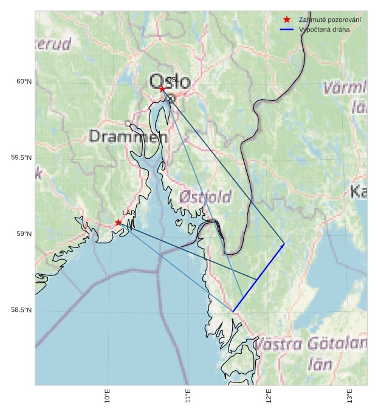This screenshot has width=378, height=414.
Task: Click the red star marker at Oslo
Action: click(162, 89)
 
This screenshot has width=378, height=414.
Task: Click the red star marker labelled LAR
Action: click(118, 223)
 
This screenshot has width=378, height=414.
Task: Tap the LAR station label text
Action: click(129, 213)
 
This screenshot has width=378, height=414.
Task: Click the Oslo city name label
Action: click(170, 81)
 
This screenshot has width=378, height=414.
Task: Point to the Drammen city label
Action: click(128, 137)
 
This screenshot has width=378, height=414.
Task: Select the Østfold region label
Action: click(205, 196)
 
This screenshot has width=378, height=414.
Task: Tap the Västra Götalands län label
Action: click(310, 354)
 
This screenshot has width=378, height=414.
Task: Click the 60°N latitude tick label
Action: click(23, 81)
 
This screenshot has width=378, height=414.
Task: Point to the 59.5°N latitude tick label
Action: click(21, 158)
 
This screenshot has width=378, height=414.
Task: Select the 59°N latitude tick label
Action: click(23, 235)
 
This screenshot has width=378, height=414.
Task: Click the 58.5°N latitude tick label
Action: click(21, 311)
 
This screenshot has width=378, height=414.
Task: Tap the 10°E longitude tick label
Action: click(108, 396)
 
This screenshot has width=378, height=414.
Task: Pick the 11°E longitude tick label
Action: click(188, 396)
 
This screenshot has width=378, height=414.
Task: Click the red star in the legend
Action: click(287, 20)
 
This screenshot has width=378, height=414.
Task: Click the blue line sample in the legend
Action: click(287, 30)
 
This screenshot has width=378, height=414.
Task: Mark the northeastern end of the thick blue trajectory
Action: click(284, 244)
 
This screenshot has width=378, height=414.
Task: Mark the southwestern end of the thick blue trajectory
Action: click(233, 312)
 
